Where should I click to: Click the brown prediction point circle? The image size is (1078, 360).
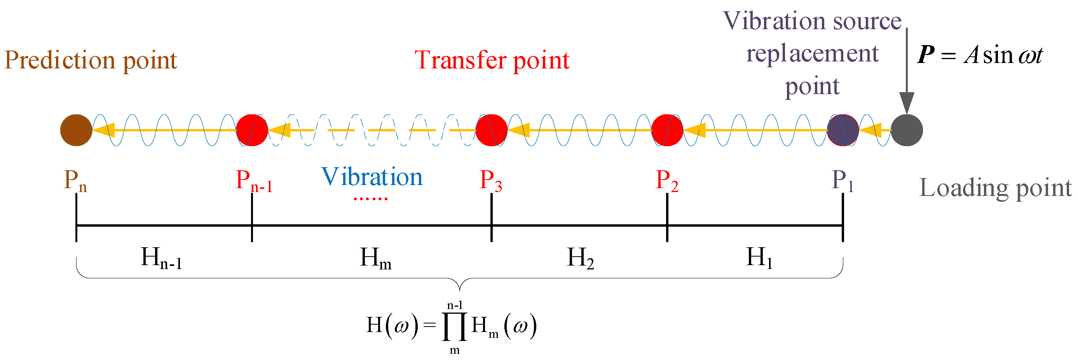(76, 130)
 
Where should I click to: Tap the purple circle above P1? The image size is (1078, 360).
(843, 130)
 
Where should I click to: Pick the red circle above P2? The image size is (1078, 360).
(667, 130)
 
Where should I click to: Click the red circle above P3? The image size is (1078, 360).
(491, 130)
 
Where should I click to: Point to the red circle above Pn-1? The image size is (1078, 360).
(252, 130)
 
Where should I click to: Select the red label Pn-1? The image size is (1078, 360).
(254, 181)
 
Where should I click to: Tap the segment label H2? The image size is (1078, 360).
(581, 258)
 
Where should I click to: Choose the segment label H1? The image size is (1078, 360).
(759, 258)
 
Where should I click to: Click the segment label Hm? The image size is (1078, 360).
(375, 258)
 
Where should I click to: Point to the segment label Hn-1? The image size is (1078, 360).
(161, 258)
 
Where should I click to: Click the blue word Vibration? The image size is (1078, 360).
(372, 177)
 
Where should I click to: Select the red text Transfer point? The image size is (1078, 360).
(492, 60)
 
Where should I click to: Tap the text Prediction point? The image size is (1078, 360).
(91, 60)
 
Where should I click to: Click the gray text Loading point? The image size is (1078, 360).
(995, 188)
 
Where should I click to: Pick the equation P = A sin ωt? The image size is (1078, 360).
(980, 55)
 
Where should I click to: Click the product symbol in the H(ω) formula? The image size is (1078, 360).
(454, 327)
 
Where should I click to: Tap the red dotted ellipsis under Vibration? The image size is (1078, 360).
(371, 198)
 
